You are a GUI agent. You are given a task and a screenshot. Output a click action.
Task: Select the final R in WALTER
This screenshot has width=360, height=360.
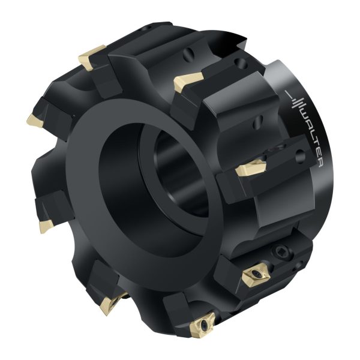tap(320, 164)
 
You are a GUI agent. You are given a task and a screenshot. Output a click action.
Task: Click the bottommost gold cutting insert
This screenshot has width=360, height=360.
tap(202, 324)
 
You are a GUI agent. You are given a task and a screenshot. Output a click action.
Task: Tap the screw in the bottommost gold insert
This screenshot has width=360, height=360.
tap(203, 325)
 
